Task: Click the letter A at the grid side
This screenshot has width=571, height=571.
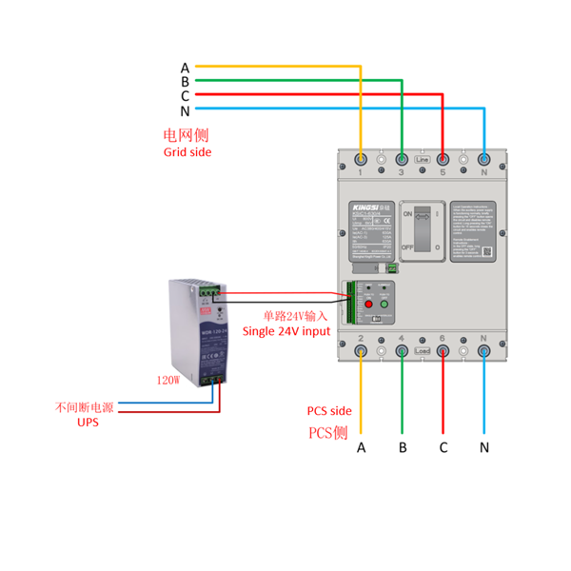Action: (185, 68)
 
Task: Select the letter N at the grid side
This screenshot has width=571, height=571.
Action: (185, 111)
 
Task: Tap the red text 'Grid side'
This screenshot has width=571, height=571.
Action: (187, 152)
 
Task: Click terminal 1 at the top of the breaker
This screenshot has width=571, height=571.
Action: (362, 160)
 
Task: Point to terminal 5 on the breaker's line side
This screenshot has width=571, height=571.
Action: (443, 160)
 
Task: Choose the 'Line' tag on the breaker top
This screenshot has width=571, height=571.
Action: (423, 160)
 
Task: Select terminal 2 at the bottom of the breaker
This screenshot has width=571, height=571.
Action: (362, 351)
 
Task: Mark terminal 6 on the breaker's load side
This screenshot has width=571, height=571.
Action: (443, 351)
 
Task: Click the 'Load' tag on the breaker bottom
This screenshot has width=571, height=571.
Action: (423, 351)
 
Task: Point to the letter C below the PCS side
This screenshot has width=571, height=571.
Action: (443, 447)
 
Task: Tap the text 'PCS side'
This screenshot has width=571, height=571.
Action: (329, 411)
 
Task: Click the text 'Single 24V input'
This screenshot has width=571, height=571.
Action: (286, 331)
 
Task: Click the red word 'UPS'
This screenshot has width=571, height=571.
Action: (88, 422)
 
